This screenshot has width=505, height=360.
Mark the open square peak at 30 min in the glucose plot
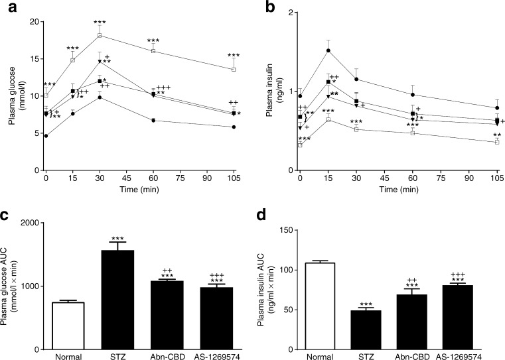click(x=100, y=35)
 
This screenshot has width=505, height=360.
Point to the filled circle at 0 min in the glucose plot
click(x=46, y=136)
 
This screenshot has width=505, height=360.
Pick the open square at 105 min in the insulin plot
click(x=496, y=142)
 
